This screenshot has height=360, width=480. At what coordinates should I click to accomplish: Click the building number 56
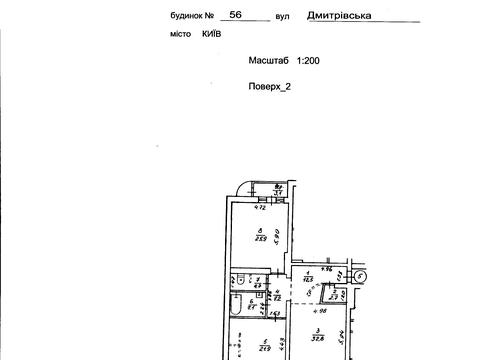[x=207, y=16]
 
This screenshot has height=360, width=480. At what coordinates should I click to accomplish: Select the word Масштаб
[x=270, y=61]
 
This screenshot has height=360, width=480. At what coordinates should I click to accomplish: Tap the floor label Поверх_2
[x=270, y=87]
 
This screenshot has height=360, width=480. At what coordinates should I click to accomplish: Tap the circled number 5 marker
[x=361, y=275]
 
